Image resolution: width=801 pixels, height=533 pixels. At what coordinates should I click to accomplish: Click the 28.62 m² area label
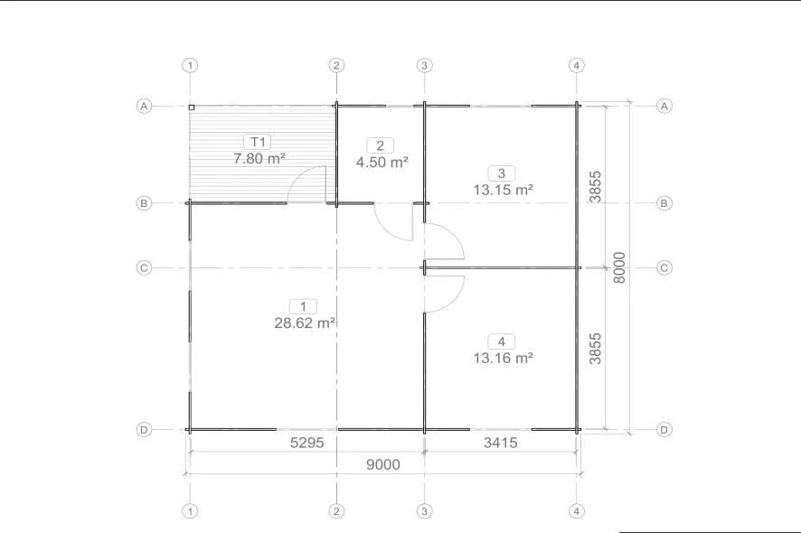(x=305, y=323)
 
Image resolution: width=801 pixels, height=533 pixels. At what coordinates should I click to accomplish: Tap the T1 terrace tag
(x=258, y=142)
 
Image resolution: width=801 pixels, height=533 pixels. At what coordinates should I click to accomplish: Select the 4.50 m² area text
(x=382, y=163)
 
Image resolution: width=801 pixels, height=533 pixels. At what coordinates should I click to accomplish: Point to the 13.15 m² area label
(x=504, y=190)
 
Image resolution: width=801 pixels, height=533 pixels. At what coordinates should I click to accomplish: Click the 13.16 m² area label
(x=504, y=358)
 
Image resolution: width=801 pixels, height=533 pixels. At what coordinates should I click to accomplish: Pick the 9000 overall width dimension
(x=383, y=464)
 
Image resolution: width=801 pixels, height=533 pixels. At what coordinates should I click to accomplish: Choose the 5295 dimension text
(x=307, y=443)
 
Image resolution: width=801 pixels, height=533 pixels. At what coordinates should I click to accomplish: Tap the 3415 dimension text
(x=501, y=443)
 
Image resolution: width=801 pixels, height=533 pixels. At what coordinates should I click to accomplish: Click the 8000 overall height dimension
(x=619, y=267)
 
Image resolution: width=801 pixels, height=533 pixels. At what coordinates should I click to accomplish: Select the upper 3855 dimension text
(x=595, y=187)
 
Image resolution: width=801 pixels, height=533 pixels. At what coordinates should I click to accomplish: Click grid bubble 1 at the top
(x=190, y=65)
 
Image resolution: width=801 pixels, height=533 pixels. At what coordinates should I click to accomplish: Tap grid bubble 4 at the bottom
(x=576, y=511)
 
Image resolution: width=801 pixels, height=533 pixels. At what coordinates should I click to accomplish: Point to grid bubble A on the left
(x=144, y=107)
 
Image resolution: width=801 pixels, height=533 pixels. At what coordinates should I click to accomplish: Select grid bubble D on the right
(x=664, y=429)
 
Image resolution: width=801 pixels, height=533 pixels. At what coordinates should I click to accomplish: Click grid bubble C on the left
(x=144, y=267)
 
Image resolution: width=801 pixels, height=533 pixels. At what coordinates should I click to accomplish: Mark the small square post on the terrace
(x=192, y=108)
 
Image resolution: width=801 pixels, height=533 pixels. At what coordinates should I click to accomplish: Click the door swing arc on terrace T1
(x=298, y=175)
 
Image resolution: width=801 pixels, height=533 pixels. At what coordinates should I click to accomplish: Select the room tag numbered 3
(x=502, y=173)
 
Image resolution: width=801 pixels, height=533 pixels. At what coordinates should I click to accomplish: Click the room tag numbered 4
(x=502, y=341)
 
